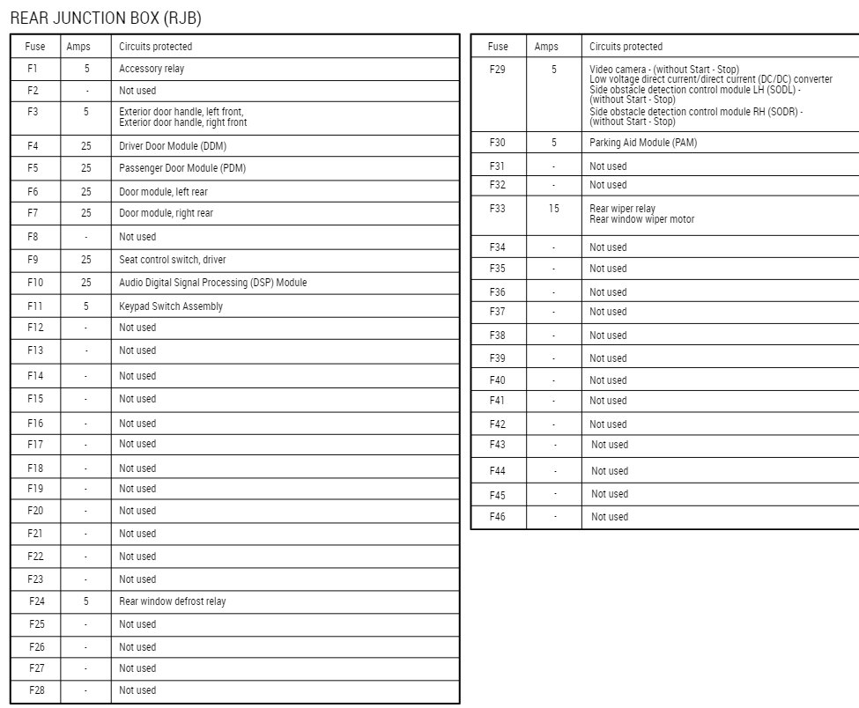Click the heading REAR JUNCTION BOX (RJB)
point(110,18)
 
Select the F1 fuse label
point(33,69)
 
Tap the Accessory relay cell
point(152,69)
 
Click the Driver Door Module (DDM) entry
point(172,146)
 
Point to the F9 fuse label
point(33,260)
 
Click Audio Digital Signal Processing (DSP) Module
point(212,283)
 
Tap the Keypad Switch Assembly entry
point(171,306)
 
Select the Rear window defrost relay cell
point(172,601)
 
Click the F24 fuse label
point(36,601)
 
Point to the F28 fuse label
point(36,690)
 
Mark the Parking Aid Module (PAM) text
point(642,143)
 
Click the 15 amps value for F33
point(553,209)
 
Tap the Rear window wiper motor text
point(641,219)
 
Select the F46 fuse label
point(498,517)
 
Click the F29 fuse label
point(498,69)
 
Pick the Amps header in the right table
point(546,47)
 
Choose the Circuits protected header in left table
point(155,47)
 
